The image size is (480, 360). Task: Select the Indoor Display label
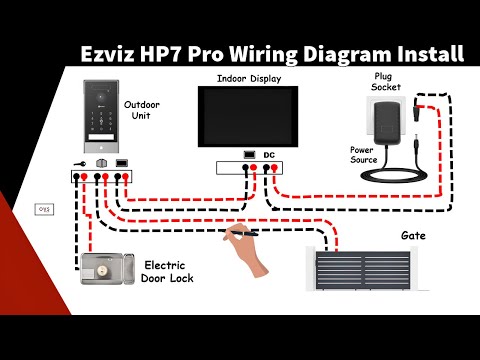[248, 77]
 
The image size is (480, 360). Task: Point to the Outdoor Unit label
[140, 110]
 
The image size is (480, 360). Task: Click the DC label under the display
[269, 155]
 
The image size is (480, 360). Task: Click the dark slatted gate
[361, 271]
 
